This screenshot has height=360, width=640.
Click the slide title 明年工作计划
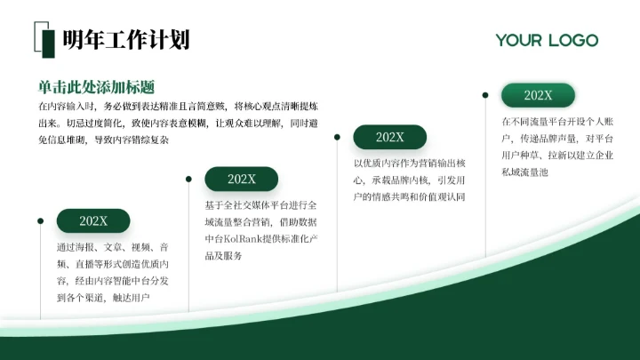click(x=125, y=40)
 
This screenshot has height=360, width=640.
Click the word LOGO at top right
click(x=572, y=40)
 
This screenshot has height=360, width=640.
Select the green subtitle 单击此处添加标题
click(x=97, y=87)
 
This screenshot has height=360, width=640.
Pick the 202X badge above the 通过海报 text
click(x=93, y=221)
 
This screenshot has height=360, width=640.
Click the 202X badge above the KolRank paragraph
click(x=242, y=179)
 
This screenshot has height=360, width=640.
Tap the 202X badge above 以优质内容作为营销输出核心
click(x=389, y=137)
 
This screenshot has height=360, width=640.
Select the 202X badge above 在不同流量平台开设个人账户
click(x=538, y=95)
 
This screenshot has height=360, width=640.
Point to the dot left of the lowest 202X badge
click(x=40, y=220)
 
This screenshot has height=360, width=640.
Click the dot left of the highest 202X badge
click(x=485, y=94)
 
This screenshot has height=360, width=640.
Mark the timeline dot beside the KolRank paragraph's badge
click(x=188, y=179)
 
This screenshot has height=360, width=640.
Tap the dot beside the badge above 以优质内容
click(x=337, y=137)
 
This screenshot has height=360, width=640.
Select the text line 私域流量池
click(x=524, y=172)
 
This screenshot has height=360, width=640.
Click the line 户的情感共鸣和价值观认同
click(x=409, y=196)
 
